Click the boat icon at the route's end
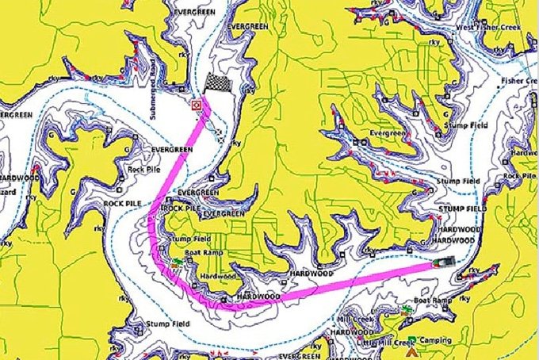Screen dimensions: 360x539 tap(445, 262)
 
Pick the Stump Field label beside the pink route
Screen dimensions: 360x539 tap(190, 239)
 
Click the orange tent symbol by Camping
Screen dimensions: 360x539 tap(413, 347)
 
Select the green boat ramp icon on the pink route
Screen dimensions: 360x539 tap(175, 261)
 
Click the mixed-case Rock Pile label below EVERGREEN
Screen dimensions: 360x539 tap(144, 169)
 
